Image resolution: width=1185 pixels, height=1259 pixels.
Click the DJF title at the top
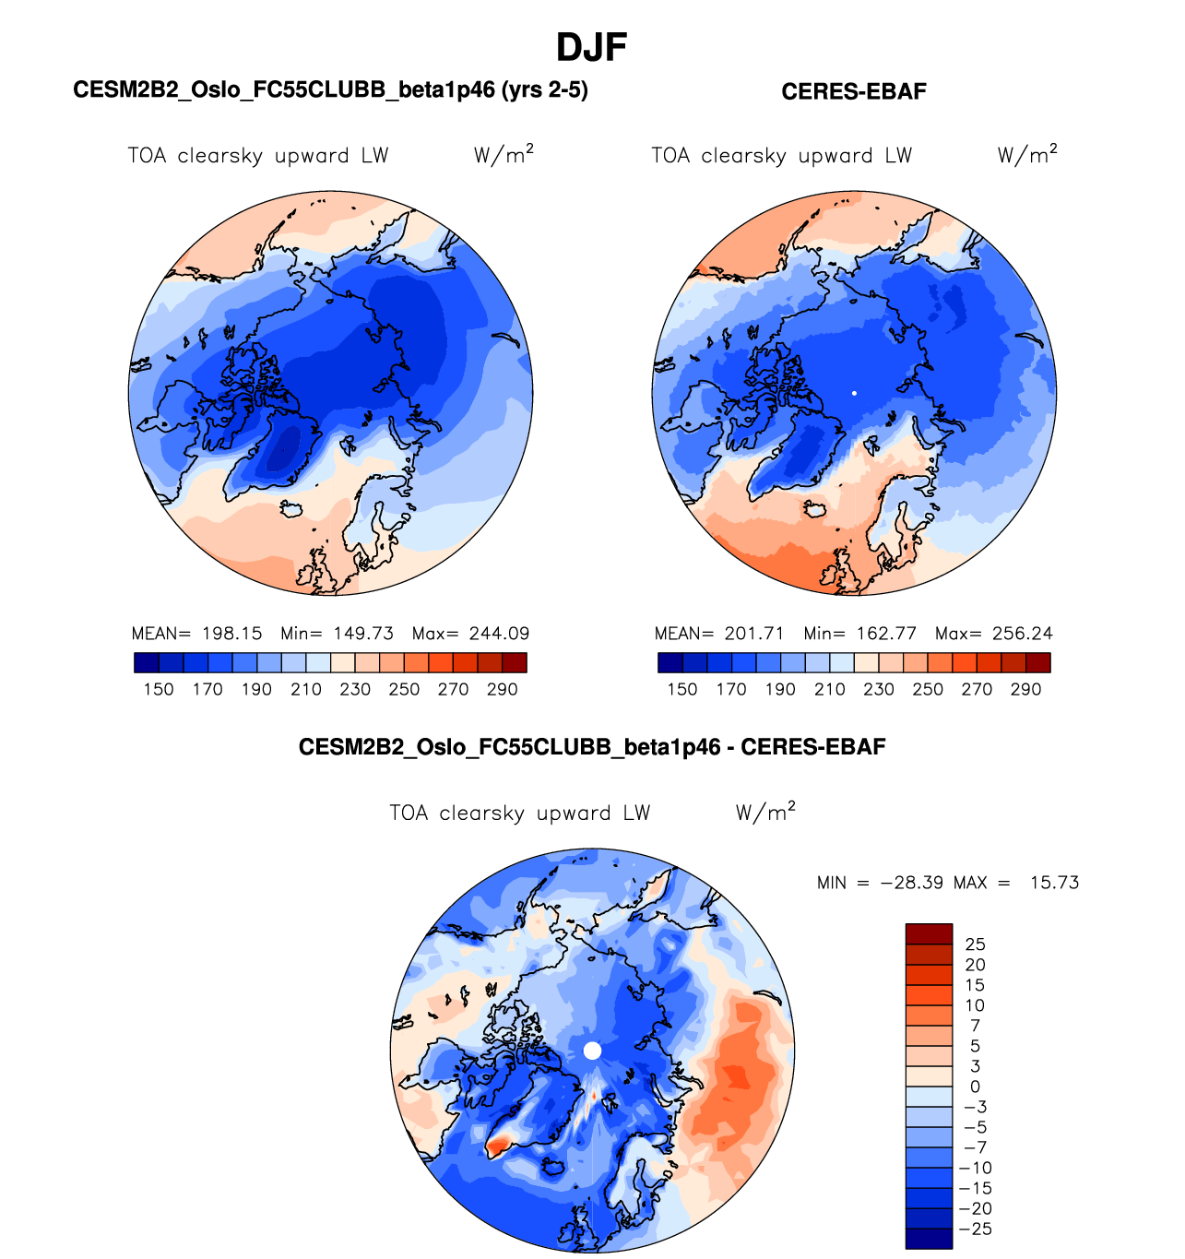(592, 47)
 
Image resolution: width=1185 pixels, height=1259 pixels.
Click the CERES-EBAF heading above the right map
(853, 91)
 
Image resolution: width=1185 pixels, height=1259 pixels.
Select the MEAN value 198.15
(232, 634)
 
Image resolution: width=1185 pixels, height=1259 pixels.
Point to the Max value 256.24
(1022, 634)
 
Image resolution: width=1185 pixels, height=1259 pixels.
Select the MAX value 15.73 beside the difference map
(1054, 883)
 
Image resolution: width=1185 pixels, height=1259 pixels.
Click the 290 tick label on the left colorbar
(502, 689)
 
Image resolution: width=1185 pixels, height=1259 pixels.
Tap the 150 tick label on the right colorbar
(682, 689)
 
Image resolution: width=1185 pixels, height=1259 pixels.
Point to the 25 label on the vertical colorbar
(975, 944)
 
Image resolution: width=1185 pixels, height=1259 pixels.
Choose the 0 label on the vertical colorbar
(975, 1087)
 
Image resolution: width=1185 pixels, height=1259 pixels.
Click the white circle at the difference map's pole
(593, 1051)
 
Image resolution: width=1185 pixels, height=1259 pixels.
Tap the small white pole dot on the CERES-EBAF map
(854, 393)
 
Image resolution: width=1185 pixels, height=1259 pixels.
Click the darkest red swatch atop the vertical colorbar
(929, 933)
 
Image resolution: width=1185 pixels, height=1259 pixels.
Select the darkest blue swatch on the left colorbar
(147, 662)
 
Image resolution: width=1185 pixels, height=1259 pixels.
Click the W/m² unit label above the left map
(504, 155)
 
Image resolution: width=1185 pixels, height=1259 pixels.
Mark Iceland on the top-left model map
(291, 509)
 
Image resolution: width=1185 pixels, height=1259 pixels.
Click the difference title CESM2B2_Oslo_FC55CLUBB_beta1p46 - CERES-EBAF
(592, 747)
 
